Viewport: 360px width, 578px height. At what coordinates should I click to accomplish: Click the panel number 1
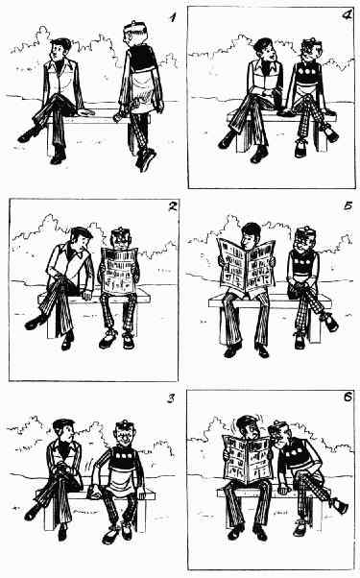coord(171,17)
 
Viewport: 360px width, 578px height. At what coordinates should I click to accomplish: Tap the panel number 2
coord(172,206)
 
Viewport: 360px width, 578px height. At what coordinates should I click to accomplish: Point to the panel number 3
coord(171,398)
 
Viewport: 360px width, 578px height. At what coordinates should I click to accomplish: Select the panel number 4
coord(348,16)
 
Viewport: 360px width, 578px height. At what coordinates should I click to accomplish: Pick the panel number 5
coord(348,205)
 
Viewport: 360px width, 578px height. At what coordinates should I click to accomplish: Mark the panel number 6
coord(348,397)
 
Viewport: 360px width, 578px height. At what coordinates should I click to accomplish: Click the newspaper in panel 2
coord(119,271)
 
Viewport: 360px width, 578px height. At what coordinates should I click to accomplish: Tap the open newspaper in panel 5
coord(247,263)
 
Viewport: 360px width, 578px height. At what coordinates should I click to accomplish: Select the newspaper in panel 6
coord(247,457)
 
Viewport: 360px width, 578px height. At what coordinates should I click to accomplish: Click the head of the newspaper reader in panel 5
coord(251,236)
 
